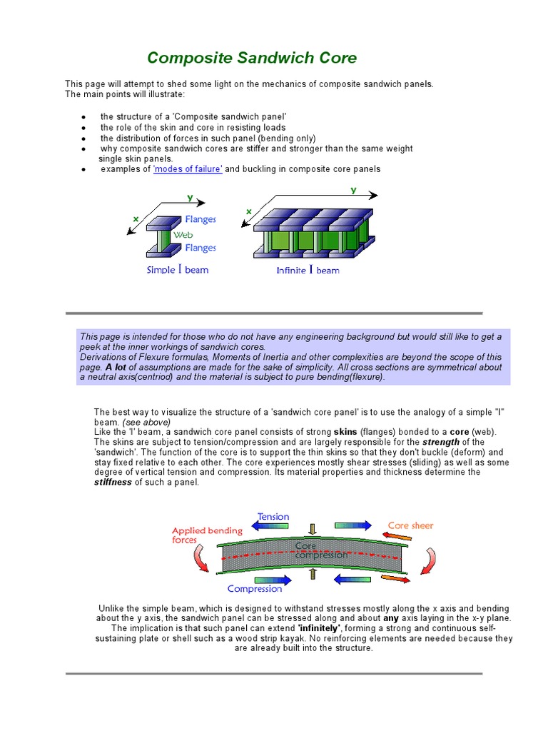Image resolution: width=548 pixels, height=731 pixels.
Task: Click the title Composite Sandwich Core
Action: [252, 58]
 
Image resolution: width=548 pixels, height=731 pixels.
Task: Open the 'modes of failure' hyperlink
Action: [188, 169]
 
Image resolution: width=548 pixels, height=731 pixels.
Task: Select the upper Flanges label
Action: [201, 220]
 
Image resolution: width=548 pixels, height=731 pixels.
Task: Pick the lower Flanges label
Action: [201, 248]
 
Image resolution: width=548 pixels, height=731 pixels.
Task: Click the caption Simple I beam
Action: [177, 270]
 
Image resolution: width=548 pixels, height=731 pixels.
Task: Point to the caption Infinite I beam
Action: [308, 271]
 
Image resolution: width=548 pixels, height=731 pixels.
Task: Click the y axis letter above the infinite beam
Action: [352, 191]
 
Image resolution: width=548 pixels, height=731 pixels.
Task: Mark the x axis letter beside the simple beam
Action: [136, 218]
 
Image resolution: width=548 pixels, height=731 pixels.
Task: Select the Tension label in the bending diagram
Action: [273, 516]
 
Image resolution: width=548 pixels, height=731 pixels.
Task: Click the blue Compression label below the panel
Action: [255, 589]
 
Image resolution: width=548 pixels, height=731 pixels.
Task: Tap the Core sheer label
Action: [410, 525]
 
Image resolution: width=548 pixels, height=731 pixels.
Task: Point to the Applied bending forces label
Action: [207, 535]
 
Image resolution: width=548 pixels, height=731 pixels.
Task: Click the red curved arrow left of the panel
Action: [203, 560]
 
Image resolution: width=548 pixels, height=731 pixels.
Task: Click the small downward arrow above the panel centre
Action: [311, 528]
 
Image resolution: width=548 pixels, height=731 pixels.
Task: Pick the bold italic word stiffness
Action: [114, 482]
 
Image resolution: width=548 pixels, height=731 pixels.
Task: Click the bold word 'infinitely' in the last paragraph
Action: [319, 627]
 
